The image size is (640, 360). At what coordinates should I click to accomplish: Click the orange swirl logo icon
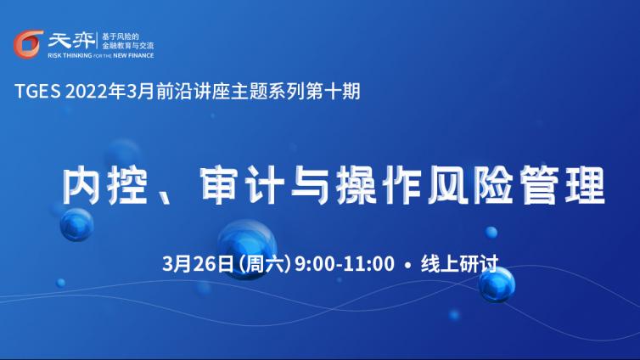coord(28,44)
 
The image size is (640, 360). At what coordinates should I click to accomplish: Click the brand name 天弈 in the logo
coord(71,41)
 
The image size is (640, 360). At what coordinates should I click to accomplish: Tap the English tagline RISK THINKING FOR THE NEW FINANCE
coord(101,55)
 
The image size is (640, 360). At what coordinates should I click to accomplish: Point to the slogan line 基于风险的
coord(121,37)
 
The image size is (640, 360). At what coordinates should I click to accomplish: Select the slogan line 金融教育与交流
coord(128,46)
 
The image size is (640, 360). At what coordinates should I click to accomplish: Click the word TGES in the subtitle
coord(37,92)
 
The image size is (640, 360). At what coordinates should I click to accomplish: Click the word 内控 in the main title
coord(104,185)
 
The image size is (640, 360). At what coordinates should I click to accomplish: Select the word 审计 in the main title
coord(242,185)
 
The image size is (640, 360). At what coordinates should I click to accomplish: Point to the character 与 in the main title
coord(310,185)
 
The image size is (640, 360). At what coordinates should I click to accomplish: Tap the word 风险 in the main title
coord(469,185)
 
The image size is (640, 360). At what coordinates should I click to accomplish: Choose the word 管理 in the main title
coord(561,185)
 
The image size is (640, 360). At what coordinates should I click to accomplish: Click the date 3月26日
coord(198,264)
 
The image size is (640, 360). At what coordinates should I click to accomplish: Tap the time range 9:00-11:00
coord(345,264)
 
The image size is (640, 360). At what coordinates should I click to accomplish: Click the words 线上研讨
coord(459,264)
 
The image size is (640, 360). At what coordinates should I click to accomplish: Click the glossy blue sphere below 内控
coord(76,224)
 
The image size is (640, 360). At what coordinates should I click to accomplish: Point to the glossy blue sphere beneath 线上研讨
coord(497,284)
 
